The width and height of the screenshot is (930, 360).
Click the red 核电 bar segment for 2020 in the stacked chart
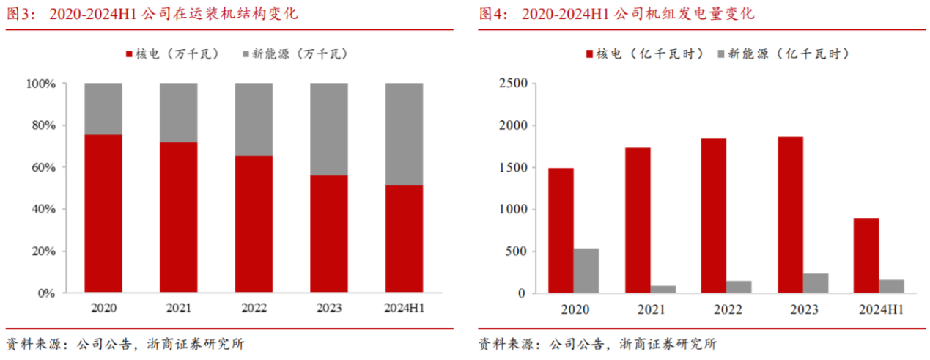pyautogui.click(x=103, y=213)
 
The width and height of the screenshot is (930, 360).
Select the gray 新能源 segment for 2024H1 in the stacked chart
pyautogui.click(x=404, y=133)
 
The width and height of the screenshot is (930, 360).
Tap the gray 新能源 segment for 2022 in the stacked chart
pyautogui.click(x=254, y=119)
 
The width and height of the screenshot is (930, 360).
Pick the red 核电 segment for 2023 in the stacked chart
pyautogui.click(x=329, y=234)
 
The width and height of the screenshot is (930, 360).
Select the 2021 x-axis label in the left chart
pyautogui.click(x=178, y=308)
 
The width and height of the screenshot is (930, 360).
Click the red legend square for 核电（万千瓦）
pyautogui.click(x=129, y=54)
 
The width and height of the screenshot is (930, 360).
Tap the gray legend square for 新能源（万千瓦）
pyautogui.click(x=246, y=54)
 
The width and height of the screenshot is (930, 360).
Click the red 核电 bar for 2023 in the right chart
pyautogui.click(x=791, y=215)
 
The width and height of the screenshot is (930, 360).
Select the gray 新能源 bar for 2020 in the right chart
pyautogui.click(x=586, y=271)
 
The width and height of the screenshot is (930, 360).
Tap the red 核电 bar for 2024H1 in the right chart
pyautogui.click(x=866, y=256)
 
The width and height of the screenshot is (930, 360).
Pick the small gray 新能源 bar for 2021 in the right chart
pyautogui.click(x=663, y=289)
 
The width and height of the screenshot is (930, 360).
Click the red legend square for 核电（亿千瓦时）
pyautogui.click(x=589, y=54)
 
